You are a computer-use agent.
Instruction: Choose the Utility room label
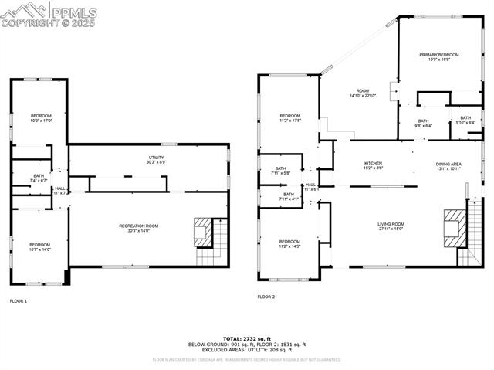pyautogui.click(x=155, y=160)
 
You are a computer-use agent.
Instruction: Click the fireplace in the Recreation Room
pyautogui.click(x=201, y=229)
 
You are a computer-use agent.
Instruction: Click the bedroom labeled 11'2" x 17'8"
pyautogui.click(x=289, y=117)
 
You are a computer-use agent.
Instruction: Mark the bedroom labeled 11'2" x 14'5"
pyautogui.click(x=289, y=243)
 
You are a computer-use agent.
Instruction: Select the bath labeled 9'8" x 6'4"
pyautogui.click(x=424, y=122)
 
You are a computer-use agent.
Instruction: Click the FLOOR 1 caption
pyautogui.click(x=19, y=300)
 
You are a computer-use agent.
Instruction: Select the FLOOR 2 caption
pyautogui.click(x=266, y=297)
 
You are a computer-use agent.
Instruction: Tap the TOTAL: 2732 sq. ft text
pyautogui.click(x=246, y=339)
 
